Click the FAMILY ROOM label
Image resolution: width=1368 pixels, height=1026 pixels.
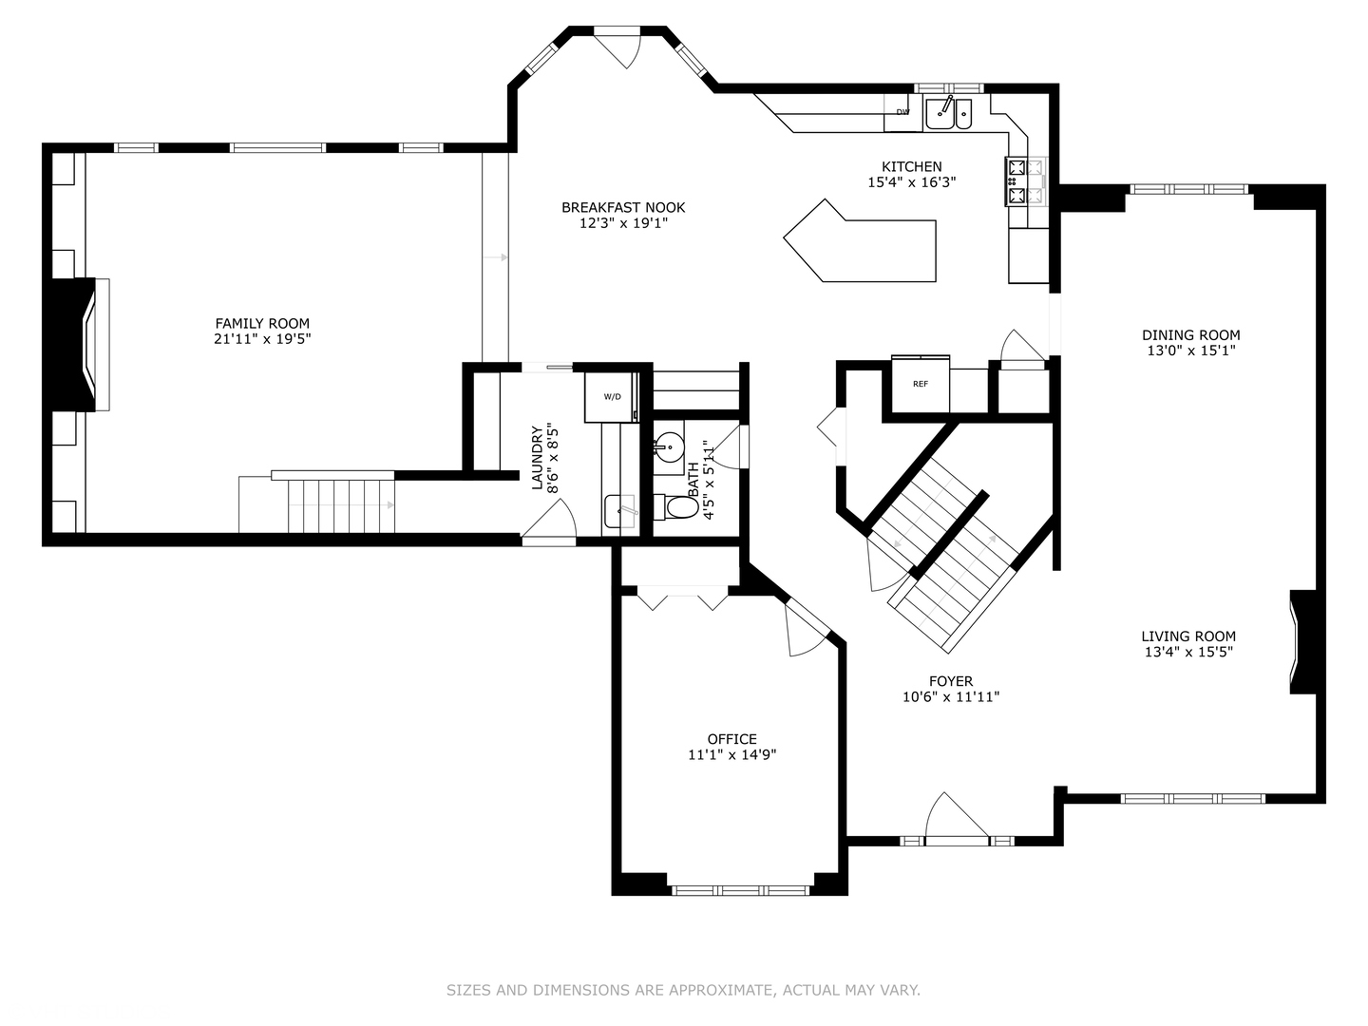(x=262, y=323)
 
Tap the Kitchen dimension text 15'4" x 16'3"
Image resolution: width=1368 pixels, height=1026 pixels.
(x=911, y=182)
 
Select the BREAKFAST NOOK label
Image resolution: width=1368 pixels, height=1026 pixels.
(x=622, y=207)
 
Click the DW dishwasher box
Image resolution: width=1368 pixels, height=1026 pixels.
(x=902, y=112)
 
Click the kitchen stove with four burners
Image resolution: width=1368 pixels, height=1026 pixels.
(x=1025, y=181)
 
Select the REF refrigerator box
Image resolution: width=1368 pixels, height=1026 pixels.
(x=920, y=384)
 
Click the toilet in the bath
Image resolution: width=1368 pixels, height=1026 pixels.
(x=678, y=507)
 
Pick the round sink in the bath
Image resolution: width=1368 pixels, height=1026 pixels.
(x=670, y=446)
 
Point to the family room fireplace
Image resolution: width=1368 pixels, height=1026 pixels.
(x=76, y=344)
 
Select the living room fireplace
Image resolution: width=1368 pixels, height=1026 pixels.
(x=1302, y=642)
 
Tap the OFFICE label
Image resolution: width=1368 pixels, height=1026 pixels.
(x=731, y=739)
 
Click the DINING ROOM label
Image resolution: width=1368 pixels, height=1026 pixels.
(x=1190, y=334)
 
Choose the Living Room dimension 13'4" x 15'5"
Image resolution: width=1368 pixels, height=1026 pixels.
(x=1188, y=652)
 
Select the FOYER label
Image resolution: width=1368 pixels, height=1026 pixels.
(x=950, y=681)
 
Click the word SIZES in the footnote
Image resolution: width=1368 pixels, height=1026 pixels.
(x=468, y=990)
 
